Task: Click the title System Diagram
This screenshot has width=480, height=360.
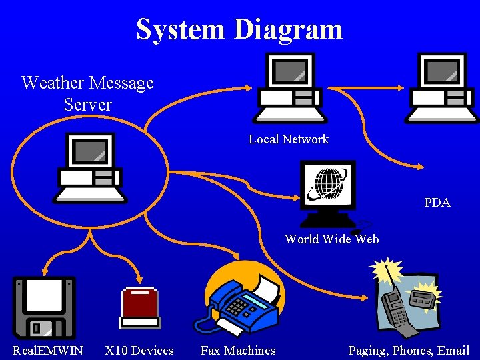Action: [x=239, y=29]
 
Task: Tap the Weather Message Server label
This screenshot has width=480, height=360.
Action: [x=87, y=93]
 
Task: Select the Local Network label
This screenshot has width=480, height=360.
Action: [x=288, y=139]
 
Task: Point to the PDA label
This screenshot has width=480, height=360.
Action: [x=437, y=203]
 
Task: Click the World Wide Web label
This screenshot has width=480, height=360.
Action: [x=331, y=239]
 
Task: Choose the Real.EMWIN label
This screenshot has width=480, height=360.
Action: [x=48, y=351]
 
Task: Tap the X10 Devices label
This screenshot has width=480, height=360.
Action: [x=139, y=351]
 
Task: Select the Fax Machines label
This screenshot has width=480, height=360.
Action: [x=238, y=351]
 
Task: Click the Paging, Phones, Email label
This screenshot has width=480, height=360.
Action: [x=409, y=351]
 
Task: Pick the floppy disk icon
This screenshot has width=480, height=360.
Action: [x=44, y=307]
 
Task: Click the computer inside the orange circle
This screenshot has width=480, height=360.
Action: [x=89, y=167]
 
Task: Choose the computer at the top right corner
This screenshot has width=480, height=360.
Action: [x=442, y=87]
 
